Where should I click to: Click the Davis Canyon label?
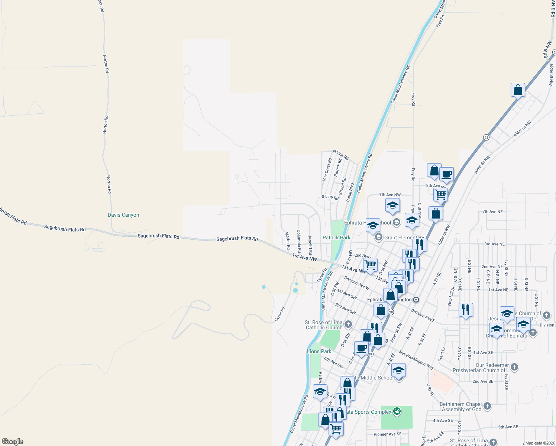click(x=123, y=215)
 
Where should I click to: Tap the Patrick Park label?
click(x=336, y=237)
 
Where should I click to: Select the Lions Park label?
click(x=319, y=351)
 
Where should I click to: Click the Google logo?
click(x=13, y=442)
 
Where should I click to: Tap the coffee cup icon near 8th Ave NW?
click(x=446, y=174)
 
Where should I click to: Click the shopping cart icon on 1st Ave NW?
click(x=370, y=265)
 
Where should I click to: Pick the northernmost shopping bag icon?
click(x=518, y=90)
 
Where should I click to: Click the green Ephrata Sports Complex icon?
click(x=397, y=411)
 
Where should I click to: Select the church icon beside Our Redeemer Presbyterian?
click(x=514, y=368)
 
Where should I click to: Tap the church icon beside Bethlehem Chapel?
click(x=487, y=407)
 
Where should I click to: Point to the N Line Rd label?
click(x=341, y=155)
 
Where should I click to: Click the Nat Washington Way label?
click(x=416, y=360)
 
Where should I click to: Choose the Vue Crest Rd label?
click(x=327, y=169)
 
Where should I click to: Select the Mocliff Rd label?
click(x=310, y=245)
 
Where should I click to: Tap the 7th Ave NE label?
click(x=492, y=211)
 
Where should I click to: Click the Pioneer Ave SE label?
click(x=387, y=434)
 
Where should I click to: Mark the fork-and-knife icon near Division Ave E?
click(x=465, y=310)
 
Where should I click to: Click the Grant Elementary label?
click(x=404, y=237)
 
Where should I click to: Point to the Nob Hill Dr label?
click(x=451, y=296)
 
